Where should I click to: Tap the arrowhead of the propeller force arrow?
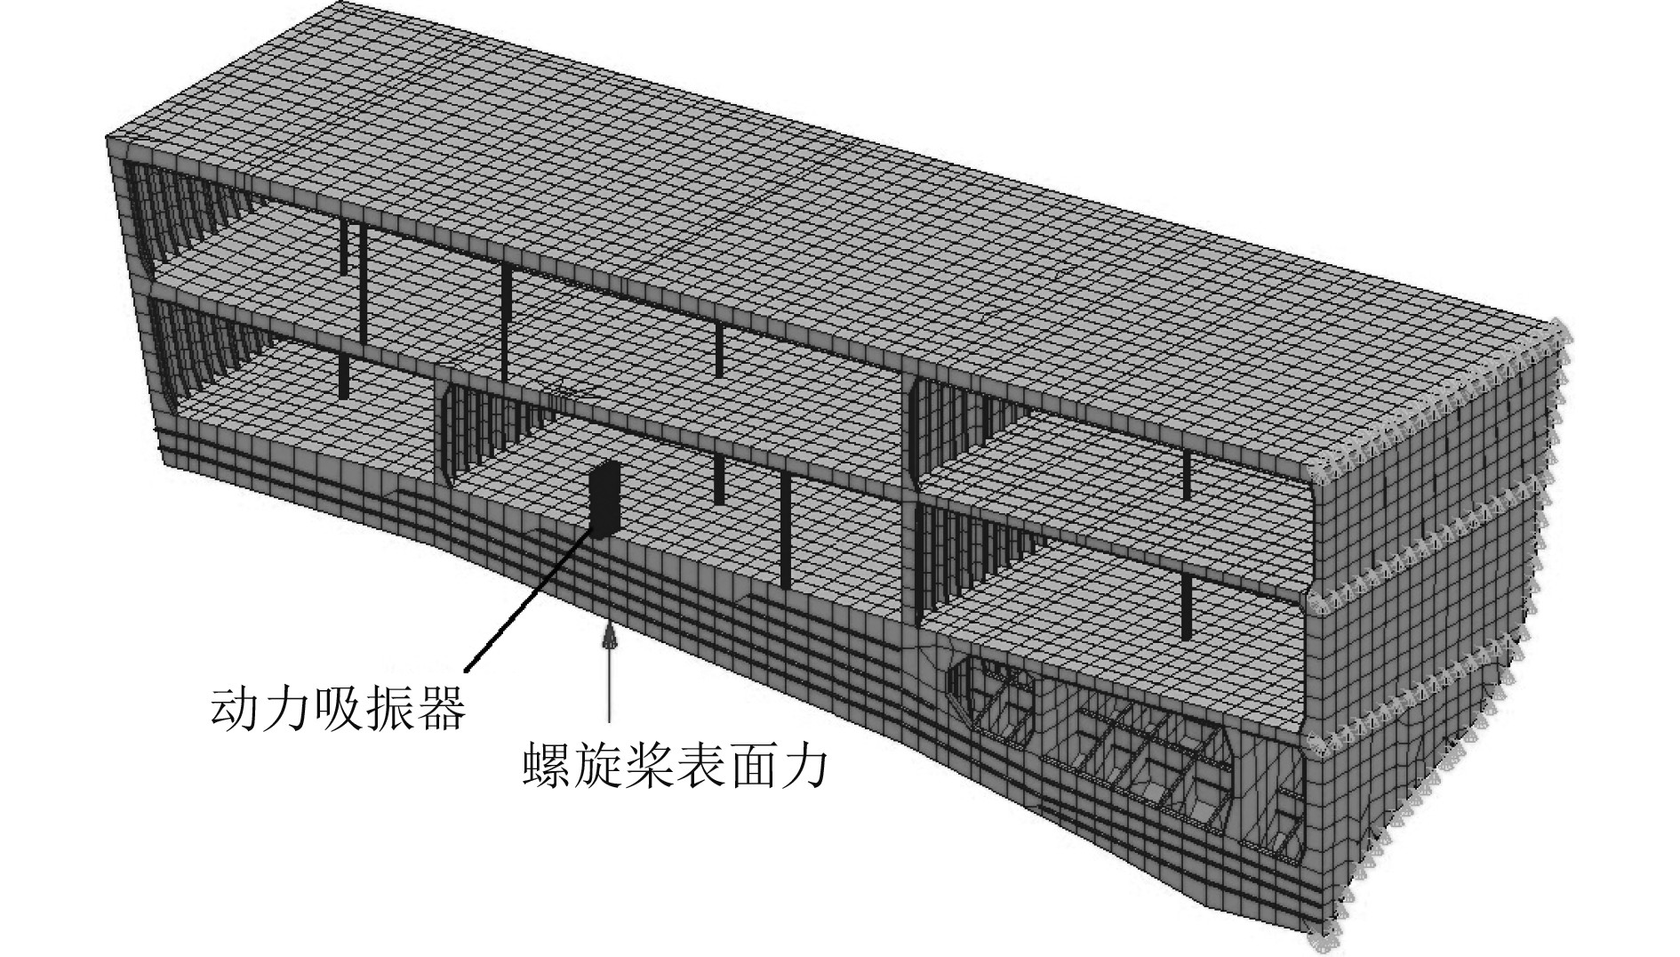pos(610,638)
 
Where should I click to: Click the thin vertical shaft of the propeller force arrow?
pos(610,685)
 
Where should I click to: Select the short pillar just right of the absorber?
pos(719,480)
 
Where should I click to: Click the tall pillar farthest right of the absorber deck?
pos(786,530)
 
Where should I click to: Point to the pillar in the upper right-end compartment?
pos(1187,476)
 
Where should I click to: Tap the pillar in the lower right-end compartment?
pos(1188,605)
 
